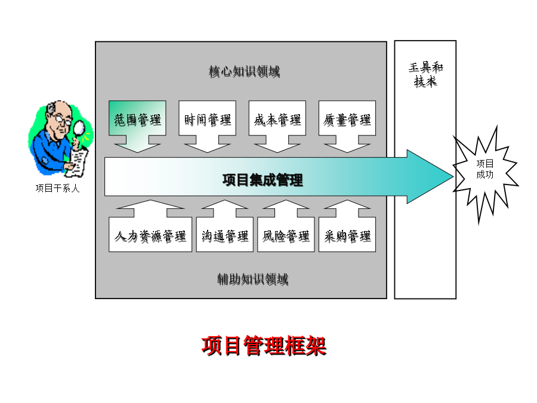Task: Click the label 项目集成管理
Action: (263, 180)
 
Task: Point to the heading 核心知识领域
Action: (245, 72)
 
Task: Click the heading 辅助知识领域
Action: (253, 279)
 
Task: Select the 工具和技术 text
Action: (425, 75)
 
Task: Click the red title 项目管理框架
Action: (264, 346)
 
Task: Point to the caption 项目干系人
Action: (57, 189)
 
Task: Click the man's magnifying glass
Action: (79, 130)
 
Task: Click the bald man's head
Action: (60, 115)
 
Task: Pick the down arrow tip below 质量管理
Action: (347, 152)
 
